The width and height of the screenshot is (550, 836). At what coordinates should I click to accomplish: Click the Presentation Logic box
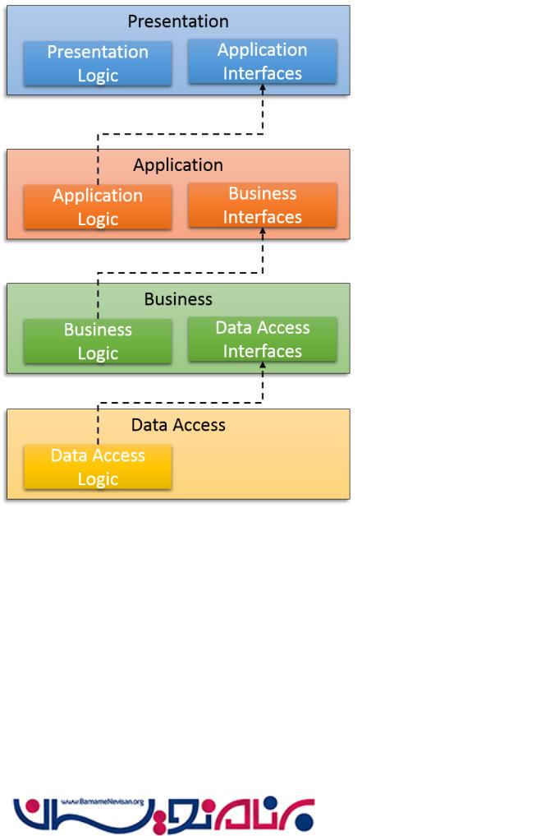click(98, 63)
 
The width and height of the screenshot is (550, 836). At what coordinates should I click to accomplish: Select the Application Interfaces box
click(263, 62)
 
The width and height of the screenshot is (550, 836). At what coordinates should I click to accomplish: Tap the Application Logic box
click(98, 207)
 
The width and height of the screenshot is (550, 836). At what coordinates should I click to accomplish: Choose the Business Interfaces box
click(263, 206)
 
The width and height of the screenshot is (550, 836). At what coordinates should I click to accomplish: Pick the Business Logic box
click(98, 341)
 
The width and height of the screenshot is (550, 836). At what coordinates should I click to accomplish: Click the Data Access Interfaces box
click(263, 339)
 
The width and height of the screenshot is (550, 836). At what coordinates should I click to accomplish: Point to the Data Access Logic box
click(98, 467)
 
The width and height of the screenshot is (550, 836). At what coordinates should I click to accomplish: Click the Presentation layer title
click(178, 21)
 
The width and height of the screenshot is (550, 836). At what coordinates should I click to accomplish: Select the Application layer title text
click(178, 164)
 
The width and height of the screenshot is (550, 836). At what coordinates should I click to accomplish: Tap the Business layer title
click(178, 298)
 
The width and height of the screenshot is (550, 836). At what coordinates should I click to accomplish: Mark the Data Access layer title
click(178, 425)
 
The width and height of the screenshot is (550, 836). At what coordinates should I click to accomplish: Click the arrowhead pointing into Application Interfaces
click(263, 88)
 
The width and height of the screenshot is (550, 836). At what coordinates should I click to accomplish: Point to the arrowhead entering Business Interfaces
click(263, 232)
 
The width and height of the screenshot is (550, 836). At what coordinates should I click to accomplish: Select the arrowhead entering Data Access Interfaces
click(263, 366)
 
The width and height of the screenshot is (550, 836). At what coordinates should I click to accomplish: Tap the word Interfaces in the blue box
click(263, 73)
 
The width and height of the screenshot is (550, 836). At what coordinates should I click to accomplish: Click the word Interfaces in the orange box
click(263, 217)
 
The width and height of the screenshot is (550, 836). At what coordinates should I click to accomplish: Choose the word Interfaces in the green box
click(263, 351)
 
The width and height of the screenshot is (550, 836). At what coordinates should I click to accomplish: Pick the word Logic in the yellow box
click(98, 478)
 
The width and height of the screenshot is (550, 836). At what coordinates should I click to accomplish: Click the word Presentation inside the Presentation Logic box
click(98, 52)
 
